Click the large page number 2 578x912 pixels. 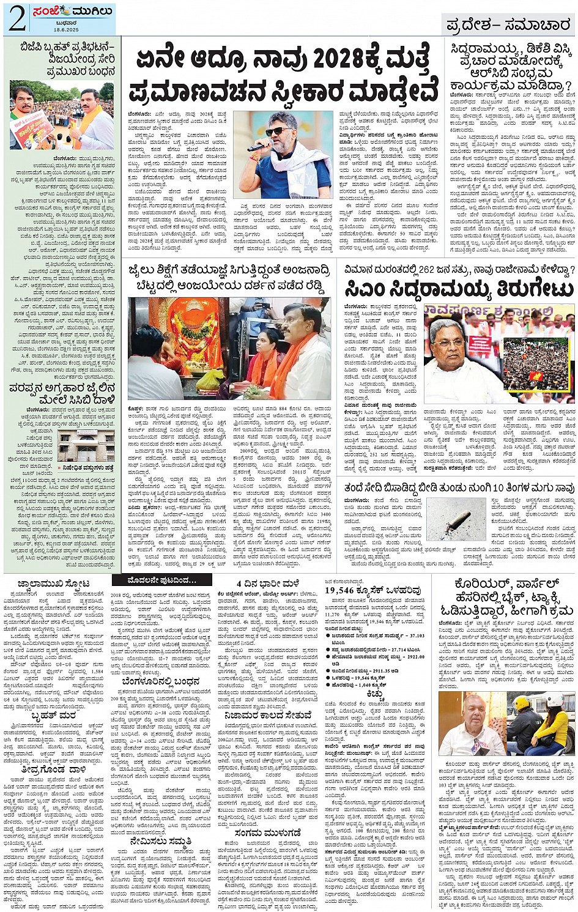[x=16, y=19]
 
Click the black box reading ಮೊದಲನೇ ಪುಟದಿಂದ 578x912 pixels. [x=154, y=580]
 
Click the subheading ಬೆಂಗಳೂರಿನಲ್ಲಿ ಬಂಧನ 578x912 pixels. [x=160, y=681]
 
